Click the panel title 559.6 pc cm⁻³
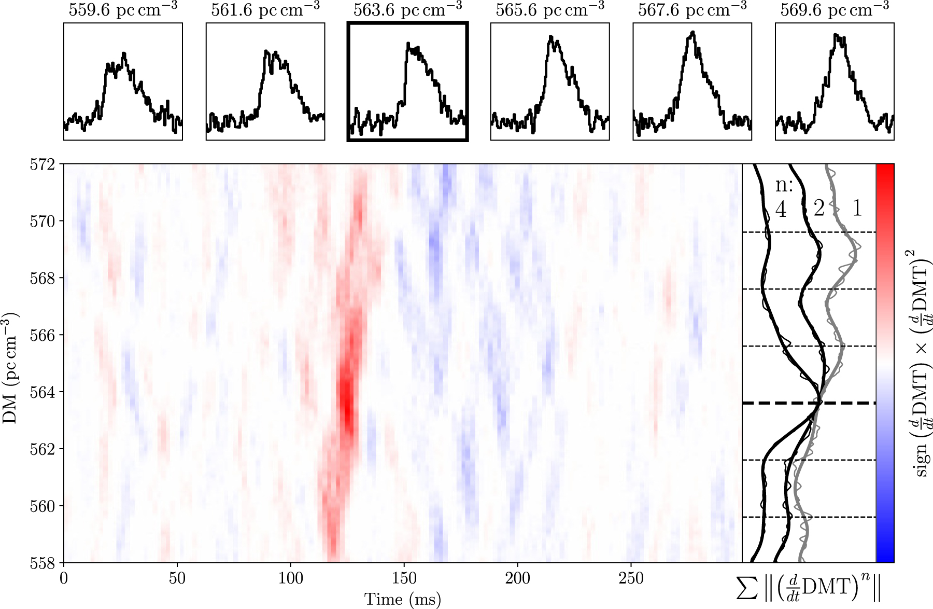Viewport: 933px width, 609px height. (123, 10)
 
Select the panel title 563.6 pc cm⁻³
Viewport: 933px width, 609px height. (408, 10)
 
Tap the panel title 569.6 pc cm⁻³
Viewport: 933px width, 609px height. (835, 10)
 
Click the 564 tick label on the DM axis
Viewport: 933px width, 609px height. (42, 392)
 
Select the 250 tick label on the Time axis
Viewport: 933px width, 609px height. (631, 578)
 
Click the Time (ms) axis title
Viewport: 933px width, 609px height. (403, 599)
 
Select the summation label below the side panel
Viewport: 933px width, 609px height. (809, 589)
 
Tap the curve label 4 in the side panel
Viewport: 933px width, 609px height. (781, 210)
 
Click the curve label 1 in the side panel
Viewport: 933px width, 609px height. (857, 209)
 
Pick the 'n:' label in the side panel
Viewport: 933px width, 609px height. (784, 185)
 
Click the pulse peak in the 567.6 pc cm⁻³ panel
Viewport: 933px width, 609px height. (692, 33)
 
